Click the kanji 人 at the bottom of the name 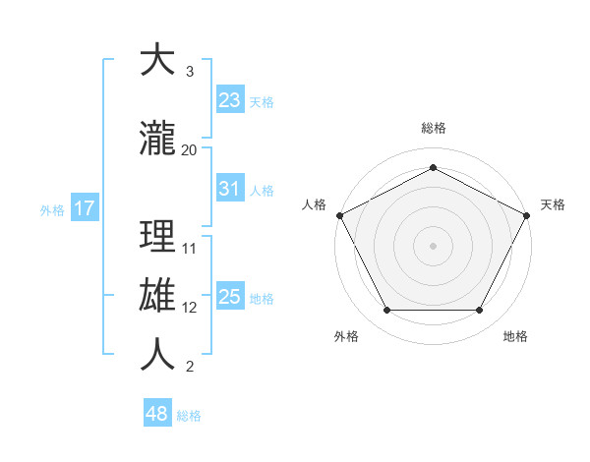(157, 354)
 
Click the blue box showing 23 (230, 99)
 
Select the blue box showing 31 (230, 189)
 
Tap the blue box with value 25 (230, 297)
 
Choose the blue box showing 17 (84, 208)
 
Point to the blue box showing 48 (157, 414)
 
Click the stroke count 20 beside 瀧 (190, 149)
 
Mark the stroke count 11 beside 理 (190, 248)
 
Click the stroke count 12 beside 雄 (190, 307)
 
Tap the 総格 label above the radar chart (433, 129)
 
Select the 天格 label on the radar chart (553, 204)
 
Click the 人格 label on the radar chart (314, 204)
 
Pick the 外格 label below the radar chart (346, 337)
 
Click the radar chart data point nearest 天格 (527, 214)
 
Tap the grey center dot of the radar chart (433, 245)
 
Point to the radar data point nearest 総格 (433, 168)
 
